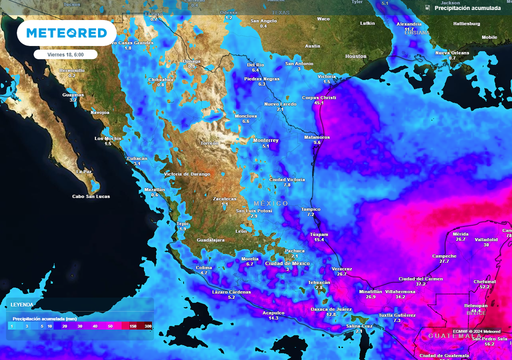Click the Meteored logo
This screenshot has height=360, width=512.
pos(66,33)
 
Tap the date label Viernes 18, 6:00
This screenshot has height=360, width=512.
pos(65,54)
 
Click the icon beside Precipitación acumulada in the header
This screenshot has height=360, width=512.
pos(427,8)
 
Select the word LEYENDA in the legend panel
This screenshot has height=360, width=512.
pos(22,304)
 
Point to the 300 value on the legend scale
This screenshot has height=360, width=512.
pos(148,326)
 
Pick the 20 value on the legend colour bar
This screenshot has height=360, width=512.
pos(65,326)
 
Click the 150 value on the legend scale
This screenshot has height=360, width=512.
pos(133,326)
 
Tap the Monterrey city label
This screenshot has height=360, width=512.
pos(265,140)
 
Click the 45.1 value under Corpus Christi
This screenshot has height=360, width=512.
pos(319,103)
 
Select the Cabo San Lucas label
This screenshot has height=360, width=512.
pos(91,196)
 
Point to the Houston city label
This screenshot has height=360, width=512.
pos(356,56)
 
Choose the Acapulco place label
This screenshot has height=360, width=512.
pos(273,313)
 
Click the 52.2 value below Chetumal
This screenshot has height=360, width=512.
pos(484,287)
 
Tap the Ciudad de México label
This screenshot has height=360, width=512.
pos(287,263)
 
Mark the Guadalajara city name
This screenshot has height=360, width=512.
pos(210,240)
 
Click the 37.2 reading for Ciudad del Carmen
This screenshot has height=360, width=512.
pos(420,284)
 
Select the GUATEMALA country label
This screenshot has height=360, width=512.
pos(449,336)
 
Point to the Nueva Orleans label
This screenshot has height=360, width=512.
pos(452,53)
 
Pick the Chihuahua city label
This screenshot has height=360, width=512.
pos(160,79)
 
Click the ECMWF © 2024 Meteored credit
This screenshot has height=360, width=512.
pos(476,331)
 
